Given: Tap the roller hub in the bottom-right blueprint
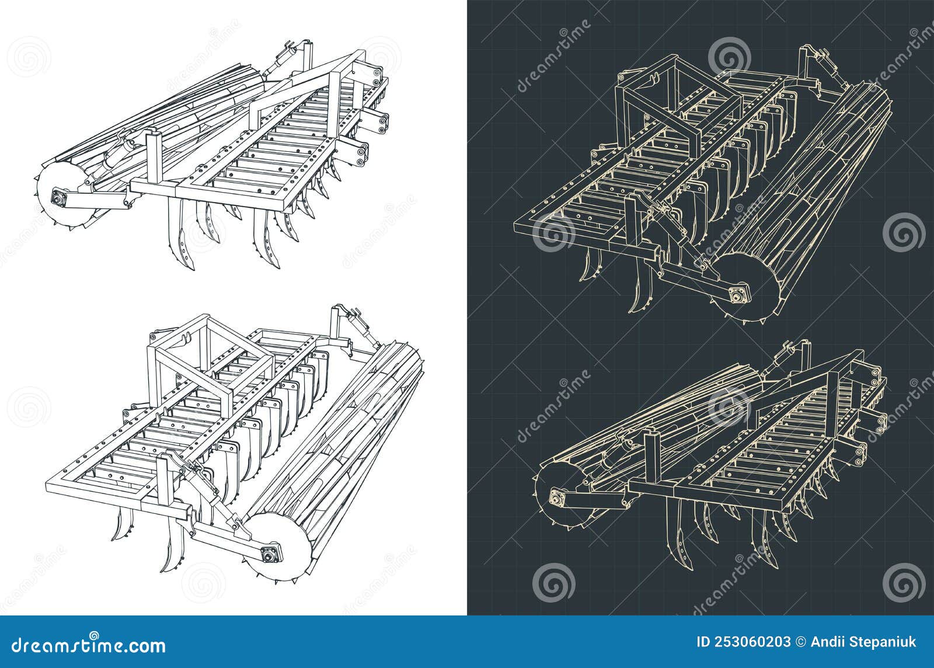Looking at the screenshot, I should (557, 499).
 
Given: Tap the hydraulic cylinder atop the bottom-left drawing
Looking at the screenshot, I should (356, 327).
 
